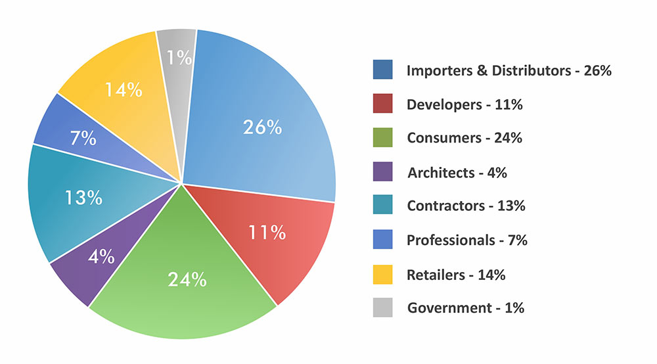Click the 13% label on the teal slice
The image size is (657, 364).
pyautogui.click(x=84, y=197)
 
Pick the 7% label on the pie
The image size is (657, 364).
pyautogui.click(x=83, y=139)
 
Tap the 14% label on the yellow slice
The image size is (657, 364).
pyautogui.click(x=124, y=89)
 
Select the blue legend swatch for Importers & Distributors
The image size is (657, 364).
pyautogui.click(x=382, y=70)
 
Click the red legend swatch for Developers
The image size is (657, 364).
pyautogui.click(x=382, y=104)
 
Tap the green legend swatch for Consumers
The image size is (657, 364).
pyautogui.click(x=382, y=138)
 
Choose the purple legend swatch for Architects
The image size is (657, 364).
pyautogui.click(x=382, y=172)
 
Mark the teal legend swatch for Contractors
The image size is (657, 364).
pyautogui.click(x=382, y=206)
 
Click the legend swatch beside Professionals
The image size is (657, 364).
pyautogui.click(x=382, y=240)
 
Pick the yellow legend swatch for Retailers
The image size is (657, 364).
pyautogui.click(x=382, y=274)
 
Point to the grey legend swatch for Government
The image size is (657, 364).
pyautogui.click(x=382, y=307)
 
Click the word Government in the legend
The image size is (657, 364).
pyautogui.click(x=447, y=307)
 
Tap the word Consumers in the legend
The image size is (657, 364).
pyautogui.click(x=442, y=138)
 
